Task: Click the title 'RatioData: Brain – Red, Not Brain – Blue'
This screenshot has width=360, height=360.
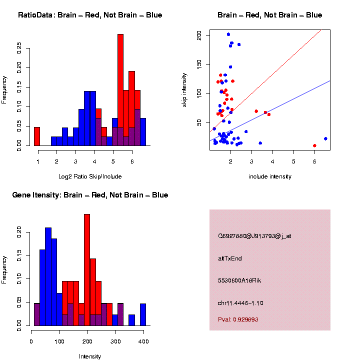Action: click(90, 15)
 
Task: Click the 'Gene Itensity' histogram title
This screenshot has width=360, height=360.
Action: click(90, 195)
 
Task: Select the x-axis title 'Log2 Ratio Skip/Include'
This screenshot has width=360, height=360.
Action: click(90, 176)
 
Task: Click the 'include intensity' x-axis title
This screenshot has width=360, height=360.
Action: click(270, 176)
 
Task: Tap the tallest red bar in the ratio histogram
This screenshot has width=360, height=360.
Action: click(120, 90)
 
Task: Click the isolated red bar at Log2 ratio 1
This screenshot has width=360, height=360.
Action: click(37, 136)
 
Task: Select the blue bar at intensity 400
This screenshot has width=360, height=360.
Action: click(143, 314)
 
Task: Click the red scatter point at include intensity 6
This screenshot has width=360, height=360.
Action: click(314, 145)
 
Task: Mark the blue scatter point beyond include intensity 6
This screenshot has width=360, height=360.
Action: click(325, 138)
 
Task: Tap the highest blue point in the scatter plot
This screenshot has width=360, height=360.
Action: click(228, 34)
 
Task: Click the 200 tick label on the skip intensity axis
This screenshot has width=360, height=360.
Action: click(199, 35)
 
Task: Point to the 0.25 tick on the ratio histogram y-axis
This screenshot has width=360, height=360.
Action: click(19, 47)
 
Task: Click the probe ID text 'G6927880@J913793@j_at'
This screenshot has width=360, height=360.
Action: click(254, 236)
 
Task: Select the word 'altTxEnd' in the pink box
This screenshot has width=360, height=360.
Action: click(230, 258)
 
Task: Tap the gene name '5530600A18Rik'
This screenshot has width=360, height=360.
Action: click(239, 280)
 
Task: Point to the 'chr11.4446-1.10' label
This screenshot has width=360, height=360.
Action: click(240, 303)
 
